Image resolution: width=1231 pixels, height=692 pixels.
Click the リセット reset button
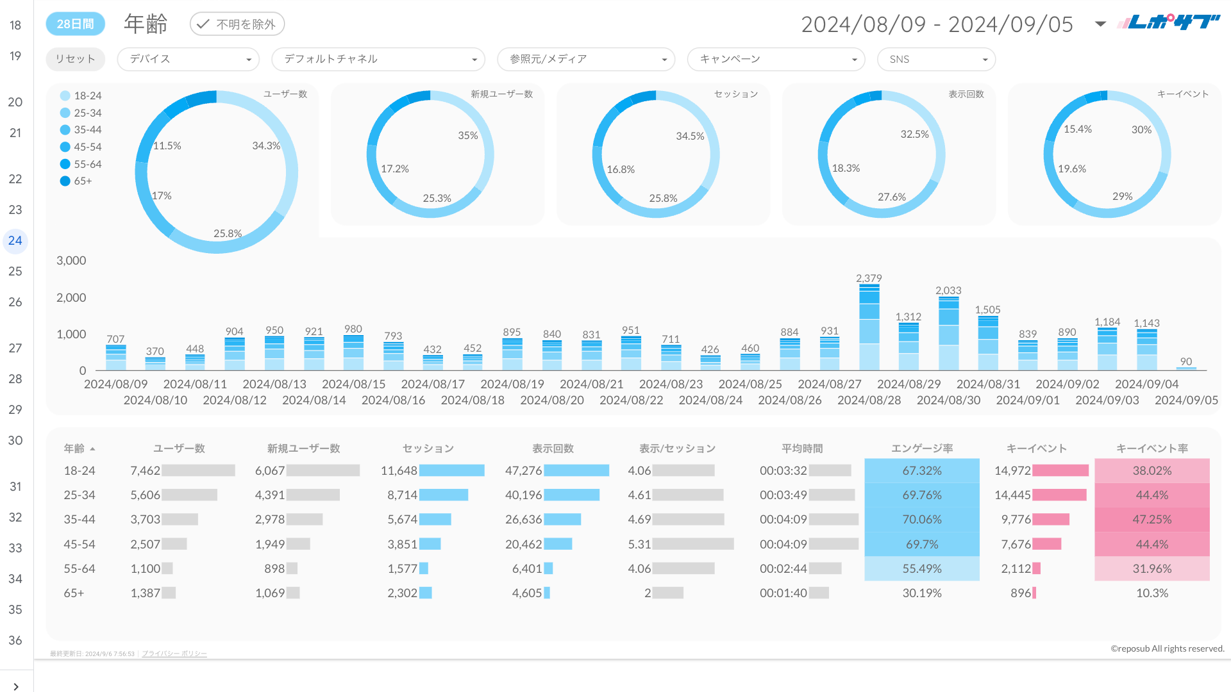pyautogui.click(x=75, y=59)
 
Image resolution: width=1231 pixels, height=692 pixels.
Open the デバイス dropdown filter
pyautogui.click(x=188, y=59)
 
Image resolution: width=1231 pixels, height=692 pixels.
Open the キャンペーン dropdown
pyautogui.click(x=776, y=59)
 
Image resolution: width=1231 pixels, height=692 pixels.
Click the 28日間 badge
pyautogui.click(x=75, y=24)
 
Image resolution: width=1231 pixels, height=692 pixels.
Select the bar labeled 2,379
pyautogui.click(x=869, y=327)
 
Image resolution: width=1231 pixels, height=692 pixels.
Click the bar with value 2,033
pyautogui.click(x=948, y=333)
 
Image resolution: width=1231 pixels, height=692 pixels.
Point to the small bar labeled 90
pyautogui.click(x=1186, y=368)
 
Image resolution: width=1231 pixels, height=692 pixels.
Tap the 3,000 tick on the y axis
pyautogui.click(x=71, y=261)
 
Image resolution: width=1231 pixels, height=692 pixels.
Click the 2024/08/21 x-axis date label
pyautogui.click(x=591, y=384)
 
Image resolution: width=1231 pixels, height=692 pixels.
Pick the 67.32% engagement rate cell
pyautogui.click(x=921, y=470)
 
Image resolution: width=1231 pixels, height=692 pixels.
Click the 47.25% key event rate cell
pyautogui.click(x=1151, y=520)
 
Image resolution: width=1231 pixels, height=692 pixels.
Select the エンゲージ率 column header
pyautogui.click(x=921, y=449)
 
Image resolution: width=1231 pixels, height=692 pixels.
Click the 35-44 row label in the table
pyautogui.click(x=80, y=520)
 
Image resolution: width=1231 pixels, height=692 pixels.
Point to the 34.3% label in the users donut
pyautogui.click(x=266, y=146)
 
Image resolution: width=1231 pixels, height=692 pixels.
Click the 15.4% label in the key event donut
pyautogui.click(x=1077, y=129)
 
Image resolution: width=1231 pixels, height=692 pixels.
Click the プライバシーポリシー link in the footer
pyautogui.click(x=174, y=654)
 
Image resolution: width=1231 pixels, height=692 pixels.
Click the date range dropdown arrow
pyautogui.click(x=1100, y=24)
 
